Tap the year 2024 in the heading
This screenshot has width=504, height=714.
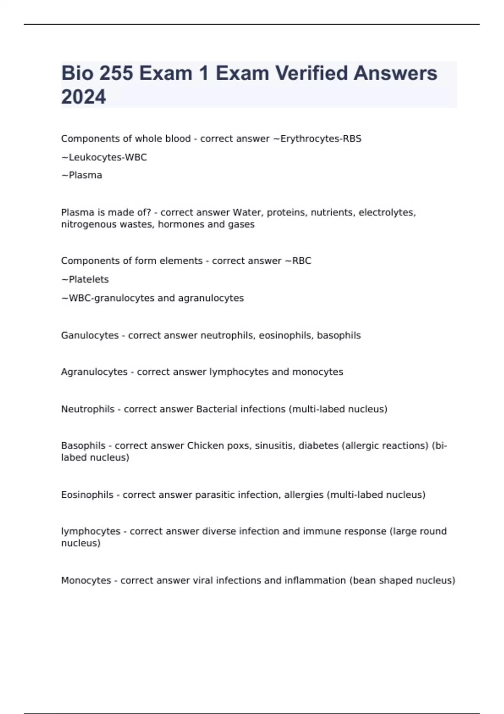click(x=84, y=97)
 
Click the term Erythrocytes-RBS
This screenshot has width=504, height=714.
click(x=320, y=139)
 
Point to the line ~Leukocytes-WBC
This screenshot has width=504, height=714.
click(x=104, y=157)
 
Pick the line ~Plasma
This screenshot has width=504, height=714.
click(x=82, y=175)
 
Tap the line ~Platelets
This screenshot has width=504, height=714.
click(x=85, y=279)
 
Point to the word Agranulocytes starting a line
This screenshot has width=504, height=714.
click(x=94, y=372)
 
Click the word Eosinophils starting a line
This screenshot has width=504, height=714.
click(x=87, y=495)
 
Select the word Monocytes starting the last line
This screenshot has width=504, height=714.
click(x=86, y=580)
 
